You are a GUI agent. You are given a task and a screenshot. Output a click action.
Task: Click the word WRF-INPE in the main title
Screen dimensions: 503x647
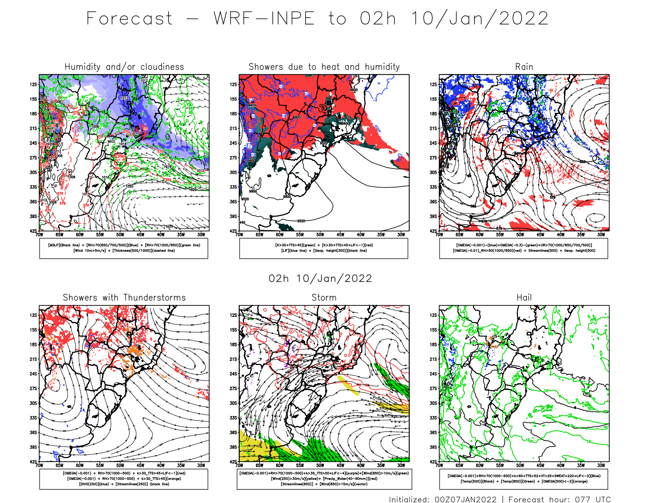coord(264,18)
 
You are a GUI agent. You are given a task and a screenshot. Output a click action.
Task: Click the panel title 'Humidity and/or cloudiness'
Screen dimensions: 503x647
coord(124,67)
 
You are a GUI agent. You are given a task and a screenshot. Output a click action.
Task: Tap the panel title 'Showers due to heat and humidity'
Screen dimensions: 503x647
coord(324,67)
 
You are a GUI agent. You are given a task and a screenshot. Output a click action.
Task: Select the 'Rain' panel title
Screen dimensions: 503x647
coord(524,67)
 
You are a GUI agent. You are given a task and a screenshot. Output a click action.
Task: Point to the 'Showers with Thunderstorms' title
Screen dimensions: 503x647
coord(124,297)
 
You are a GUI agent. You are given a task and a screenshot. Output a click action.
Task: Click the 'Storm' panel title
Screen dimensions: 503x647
coord(324,297)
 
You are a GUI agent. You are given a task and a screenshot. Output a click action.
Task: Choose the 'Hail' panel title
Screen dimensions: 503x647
coord(524,297)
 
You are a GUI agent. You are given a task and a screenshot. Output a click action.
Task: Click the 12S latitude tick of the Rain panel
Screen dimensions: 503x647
coord(433,84)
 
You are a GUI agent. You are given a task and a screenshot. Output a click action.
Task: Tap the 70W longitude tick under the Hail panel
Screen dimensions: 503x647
coord(439,465)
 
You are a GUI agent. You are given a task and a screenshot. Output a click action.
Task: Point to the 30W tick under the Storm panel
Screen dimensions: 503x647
coord(401,465)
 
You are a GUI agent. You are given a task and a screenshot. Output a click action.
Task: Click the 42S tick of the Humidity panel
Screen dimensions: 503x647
coord(33,231)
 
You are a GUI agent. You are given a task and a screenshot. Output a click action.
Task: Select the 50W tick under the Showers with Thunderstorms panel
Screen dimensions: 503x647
coord(120,465)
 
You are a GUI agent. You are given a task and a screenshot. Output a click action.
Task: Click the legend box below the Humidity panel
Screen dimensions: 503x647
coord(124,248)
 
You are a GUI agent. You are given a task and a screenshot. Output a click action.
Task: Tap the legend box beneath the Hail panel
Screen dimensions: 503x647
coord(524,479)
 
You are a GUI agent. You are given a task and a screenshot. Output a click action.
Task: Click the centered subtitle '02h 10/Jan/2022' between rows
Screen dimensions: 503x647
coord(320,278)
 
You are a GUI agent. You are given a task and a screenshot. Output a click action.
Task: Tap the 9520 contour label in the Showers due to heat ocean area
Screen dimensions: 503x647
coord(301,221)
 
